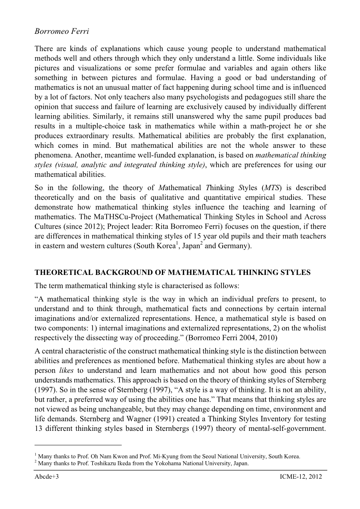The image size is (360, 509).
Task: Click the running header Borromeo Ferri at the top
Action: (x=61, y=31)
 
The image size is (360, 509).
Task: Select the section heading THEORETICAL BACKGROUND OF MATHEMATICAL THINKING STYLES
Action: (x=172, y=273)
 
